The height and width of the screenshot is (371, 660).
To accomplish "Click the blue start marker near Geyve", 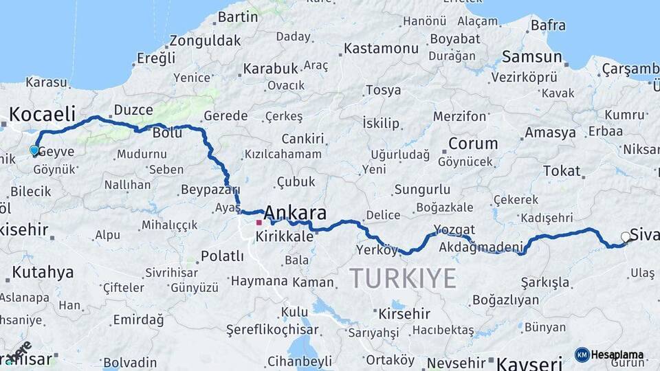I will (x=34, y=150).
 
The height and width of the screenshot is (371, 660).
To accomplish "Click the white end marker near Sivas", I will (x=626, y=237).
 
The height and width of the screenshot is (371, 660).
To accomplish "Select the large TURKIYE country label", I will (x=403, y=278).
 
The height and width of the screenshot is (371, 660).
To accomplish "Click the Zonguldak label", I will (x=205, y=40).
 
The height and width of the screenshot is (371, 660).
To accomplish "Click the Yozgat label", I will (x=454, y=229).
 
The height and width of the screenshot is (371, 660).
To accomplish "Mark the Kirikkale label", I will (x=284, y=236).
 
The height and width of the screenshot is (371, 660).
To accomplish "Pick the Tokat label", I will (x=562, y=171).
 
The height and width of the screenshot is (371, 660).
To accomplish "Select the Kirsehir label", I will (x=404, y=313).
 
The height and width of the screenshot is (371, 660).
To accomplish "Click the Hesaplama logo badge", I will (x=610, y=355).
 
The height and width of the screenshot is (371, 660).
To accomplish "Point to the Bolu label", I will (x=167, y=133).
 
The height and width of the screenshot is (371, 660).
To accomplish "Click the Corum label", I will (x=473, y=144).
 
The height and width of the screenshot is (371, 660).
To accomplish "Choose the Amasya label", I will (x=550, y=133).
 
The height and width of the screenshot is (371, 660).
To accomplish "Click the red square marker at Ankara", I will (x=258, y=222).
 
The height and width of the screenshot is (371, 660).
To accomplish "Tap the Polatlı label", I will (x=222, y=256).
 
